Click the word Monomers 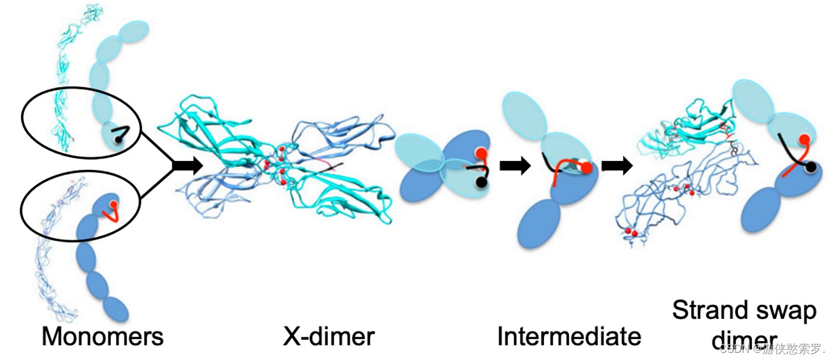(x=102, y=337)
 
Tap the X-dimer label (x=328, y=337)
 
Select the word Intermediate (x=569, y=337)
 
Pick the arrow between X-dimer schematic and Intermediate (x=514, y=166)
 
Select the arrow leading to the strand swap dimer (x=617, y=166)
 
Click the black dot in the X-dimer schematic (x=481, y=184)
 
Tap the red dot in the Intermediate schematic (x=586, y=169)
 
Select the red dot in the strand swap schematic (x=804, y=140)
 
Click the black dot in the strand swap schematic (x=811, y=169)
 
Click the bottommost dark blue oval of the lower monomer (x=115, y=310)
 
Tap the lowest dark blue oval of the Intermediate (x=539, y=224)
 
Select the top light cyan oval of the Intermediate (x=524, y=114)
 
